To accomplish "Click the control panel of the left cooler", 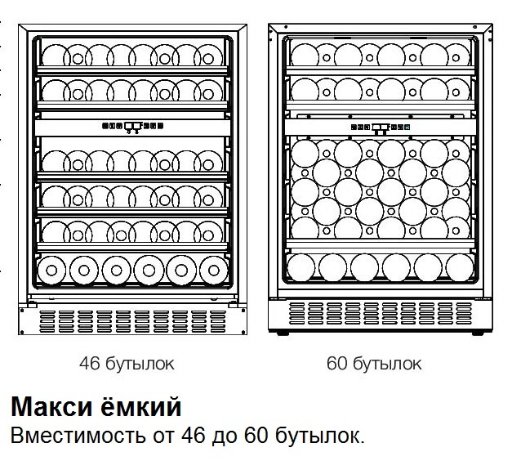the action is coord(131,127).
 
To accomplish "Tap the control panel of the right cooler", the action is coord(380,128).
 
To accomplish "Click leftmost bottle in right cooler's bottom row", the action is coord(304,267).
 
